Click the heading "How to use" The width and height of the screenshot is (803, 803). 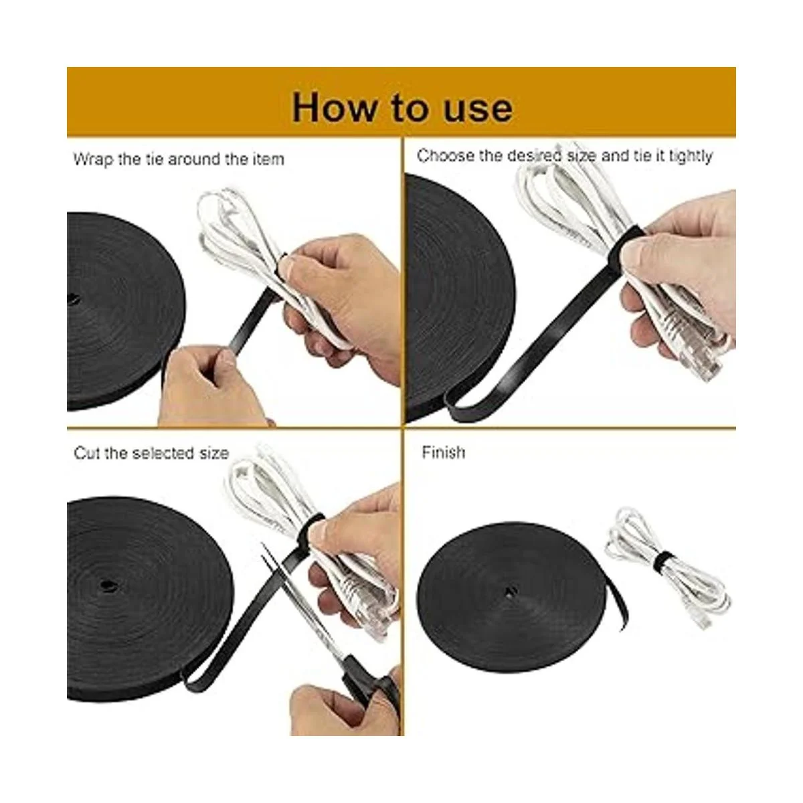click(x=402, y=108)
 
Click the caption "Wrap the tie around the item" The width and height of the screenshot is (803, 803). click(x=179, y=159)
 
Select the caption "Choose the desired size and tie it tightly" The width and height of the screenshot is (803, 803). click(x=564, y=156)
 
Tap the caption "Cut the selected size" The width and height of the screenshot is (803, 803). click(x=151, y=452)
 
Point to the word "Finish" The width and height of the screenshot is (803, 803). click(x=444, y=452)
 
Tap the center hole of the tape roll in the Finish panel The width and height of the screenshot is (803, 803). click(x=510, y=590)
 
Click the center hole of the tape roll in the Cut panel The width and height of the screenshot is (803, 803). click(x=105, y=585)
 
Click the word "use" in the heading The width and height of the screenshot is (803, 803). click(x=478, y=109)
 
